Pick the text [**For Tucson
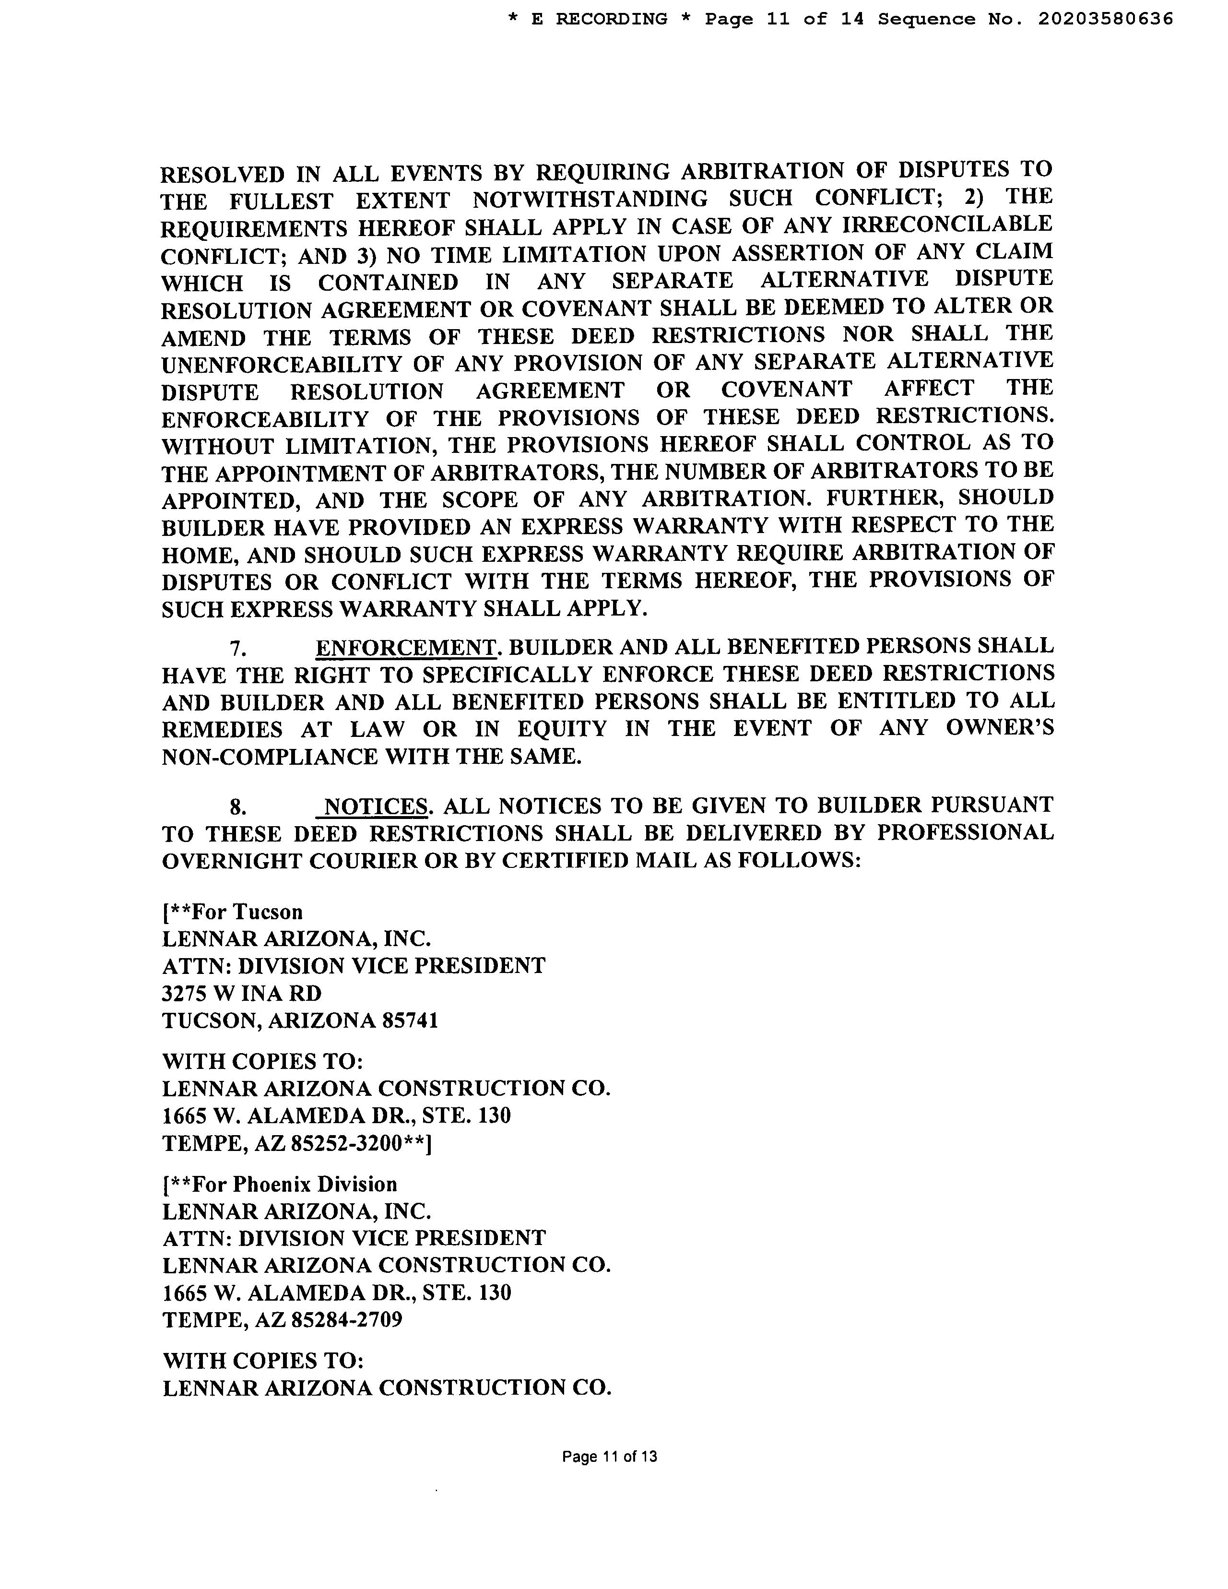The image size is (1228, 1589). tap(232, 912)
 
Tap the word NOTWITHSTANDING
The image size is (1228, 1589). tap(590, 199)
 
